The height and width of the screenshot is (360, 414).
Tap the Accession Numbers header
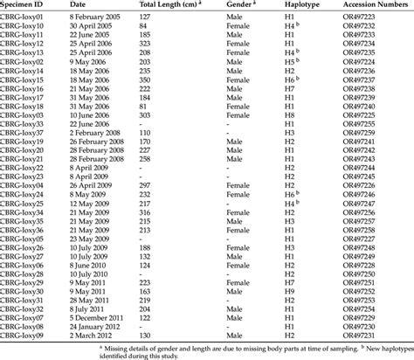(376, 5)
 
